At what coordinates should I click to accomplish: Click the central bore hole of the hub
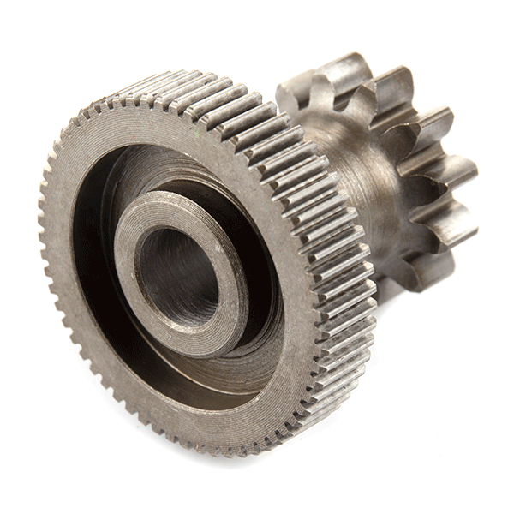176,274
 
